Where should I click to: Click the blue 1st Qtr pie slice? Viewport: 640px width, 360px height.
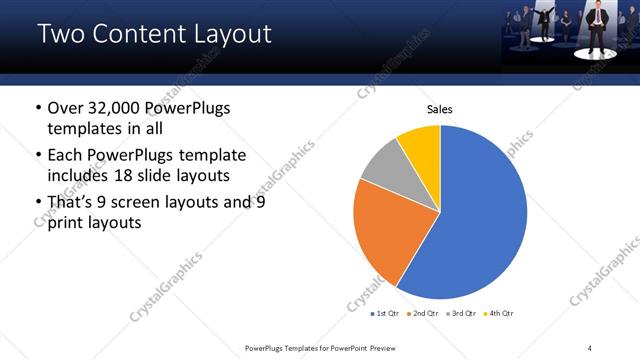(480, 220)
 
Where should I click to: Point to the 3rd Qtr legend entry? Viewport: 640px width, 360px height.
(464, 314)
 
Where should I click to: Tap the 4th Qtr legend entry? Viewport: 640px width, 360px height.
(500, 314)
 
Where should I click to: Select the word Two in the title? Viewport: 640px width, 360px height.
(61, 34)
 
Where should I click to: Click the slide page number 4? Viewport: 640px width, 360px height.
(590, 347)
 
